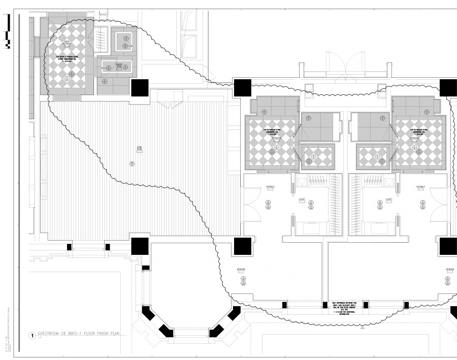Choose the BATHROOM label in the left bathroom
point(275,138)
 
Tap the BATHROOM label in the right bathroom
point(414,138)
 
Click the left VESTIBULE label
point(270,187)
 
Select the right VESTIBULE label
point(421,187)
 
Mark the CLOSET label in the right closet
point(388,200)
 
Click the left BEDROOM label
point(241,269)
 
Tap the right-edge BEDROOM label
point(449,269)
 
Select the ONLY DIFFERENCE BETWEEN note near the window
point(345,307)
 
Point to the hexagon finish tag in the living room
point(132,162)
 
